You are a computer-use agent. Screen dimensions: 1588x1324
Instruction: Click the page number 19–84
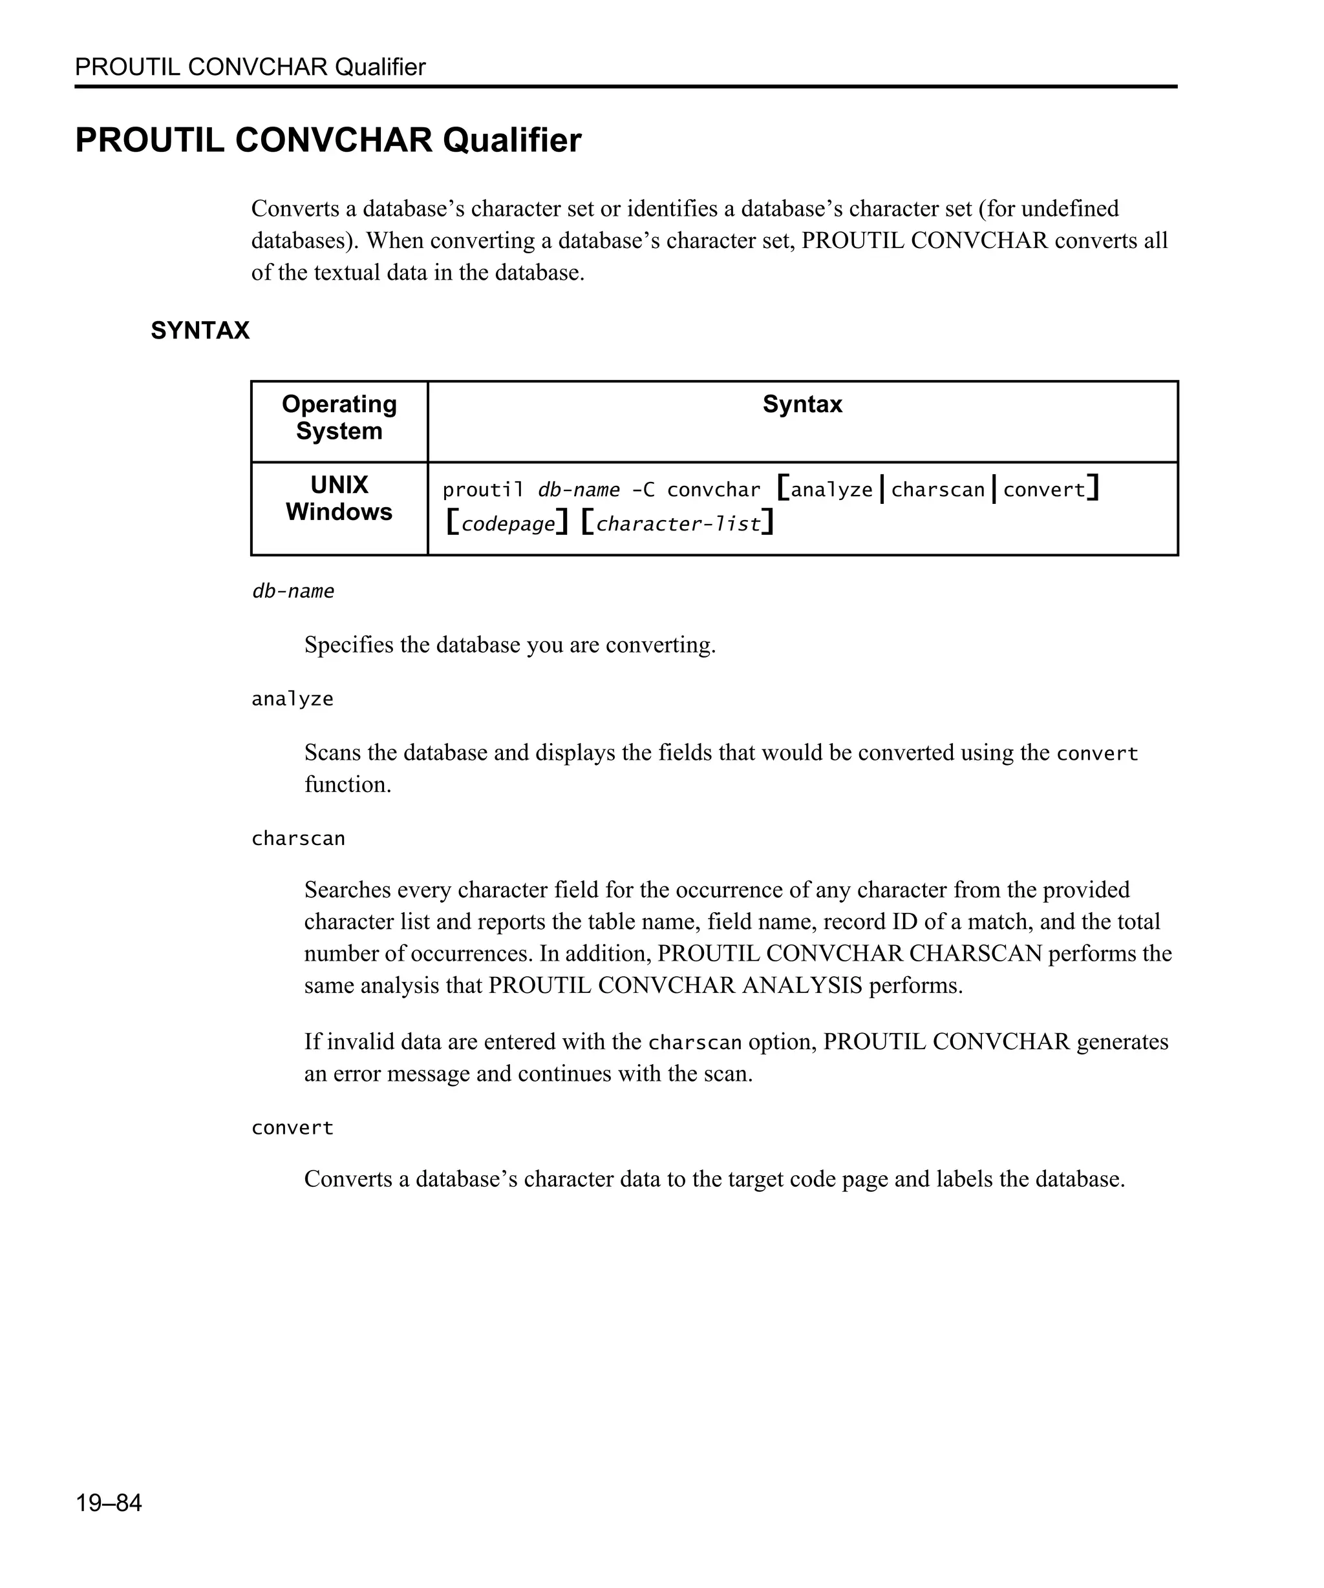tap(108, 1502)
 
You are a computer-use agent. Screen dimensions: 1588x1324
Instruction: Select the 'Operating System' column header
tap(339, 417)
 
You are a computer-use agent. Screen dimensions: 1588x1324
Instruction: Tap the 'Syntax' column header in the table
tap(802, 404)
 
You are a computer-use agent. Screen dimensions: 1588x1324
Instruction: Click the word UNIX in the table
tap(339, 484)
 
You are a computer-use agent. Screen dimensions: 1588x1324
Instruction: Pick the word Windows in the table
tap(339, 512)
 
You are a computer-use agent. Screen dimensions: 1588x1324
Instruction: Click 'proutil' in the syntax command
tap(483, 490)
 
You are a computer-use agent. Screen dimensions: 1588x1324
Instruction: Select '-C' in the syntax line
tap(643, 490)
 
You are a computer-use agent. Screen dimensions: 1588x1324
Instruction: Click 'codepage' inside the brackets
tap(507, 524)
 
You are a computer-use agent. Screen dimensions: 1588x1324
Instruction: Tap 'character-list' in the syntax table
tap(678, 524)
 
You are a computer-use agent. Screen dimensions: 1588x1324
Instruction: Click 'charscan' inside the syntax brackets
tap(937, 490)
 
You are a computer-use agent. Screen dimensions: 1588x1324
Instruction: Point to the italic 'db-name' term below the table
tap(293, 590)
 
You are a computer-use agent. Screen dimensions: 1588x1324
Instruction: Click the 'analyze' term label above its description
tap(292, 699)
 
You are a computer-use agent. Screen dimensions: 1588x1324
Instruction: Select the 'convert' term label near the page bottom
tap(292, 1127)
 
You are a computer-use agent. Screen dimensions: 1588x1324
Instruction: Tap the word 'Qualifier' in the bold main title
tap(511, 140)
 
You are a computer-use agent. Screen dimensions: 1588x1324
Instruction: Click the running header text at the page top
tap(250, 67)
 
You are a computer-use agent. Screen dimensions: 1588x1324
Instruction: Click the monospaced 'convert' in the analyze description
tap(1096, 753)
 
